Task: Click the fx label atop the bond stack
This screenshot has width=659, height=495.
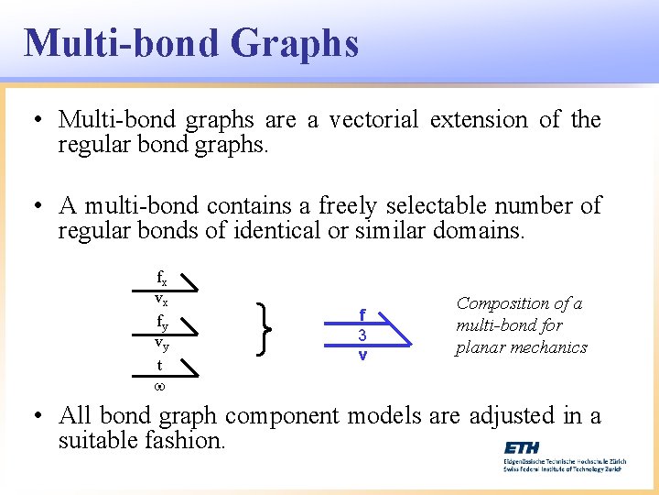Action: pos(161,278)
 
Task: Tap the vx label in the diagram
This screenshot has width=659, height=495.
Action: pos(160,300)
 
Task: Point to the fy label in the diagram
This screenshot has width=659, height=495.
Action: pos(161,322)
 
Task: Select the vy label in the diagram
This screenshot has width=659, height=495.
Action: pos(160,344)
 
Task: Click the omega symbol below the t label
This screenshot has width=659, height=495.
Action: pos(159,386)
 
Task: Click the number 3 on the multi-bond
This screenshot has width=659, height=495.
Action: pos(362,335)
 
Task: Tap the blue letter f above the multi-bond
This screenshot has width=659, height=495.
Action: pos(362,313)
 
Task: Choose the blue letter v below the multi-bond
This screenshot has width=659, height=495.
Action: pos(362,355)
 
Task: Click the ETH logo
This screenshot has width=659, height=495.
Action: pos(521,447)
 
